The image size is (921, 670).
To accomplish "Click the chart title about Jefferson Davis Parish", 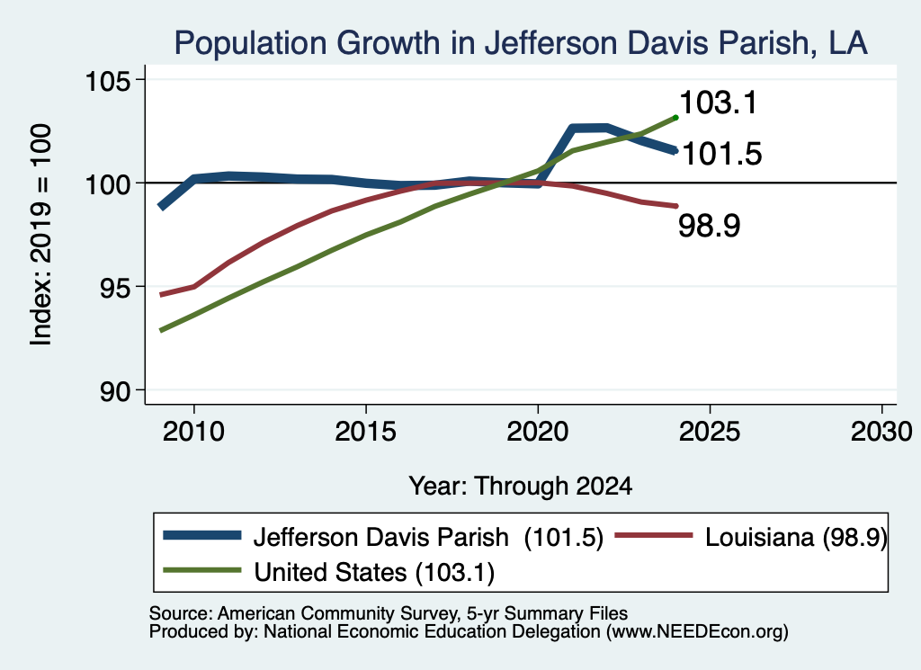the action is [521, 43].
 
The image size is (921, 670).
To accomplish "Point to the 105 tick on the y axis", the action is [108, 80].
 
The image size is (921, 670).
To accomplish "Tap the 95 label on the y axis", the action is [115, 287].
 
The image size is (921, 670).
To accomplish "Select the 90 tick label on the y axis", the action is [115, 391].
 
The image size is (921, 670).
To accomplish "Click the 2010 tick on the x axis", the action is [193, 433].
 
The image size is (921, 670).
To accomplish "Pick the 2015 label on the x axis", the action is [365, 433].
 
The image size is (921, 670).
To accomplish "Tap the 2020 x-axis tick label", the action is [538, 433].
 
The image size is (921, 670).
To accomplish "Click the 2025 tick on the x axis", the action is [710, 433].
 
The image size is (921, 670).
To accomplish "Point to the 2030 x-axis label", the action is [881, 433].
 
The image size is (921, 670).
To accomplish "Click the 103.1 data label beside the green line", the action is [719, 103].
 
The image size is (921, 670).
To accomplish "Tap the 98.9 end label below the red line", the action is [710, 226].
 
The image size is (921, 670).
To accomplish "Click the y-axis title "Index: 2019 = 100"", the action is [41, 235].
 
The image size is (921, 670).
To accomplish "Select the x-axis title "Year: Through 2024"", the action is [521, 487].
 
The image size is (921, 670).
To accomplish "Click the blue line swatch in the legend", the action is [202, 535].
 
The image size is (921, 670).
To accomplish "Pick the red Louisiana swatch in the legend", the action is [654, 535].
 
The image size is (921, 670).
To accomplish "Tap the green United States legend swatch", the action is [202, 570].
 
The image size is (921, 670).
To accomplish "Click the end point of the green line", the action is [676, 118].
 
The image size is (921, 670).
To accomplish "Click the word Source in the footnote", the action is [180, 613].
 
